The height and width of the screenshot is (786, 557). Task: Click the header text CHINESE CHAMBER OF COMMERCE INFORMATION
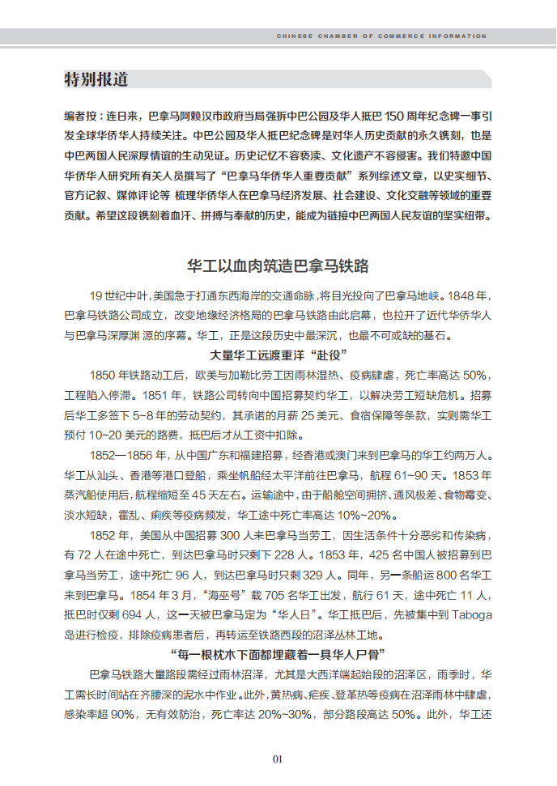tap(381, 36)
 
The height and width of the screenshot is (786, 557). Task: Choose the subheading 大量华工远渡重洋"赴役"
tap(278, 355)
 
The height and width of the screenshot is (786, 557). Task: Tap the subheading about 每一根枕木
tap(278, 654)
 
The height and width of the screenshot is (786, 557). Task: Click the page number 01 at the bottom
tap(278, 759)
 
